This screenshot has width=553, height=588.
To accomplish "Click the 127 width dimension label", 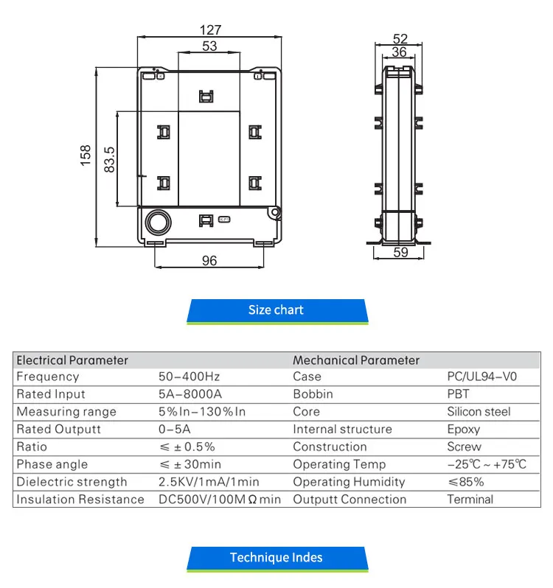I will click(x=211, y=30).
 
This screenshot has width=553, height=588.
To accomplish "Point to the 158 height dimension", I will click(x=86, y=155).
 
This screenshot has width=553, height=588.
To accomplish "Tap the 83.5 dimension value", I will click(x=109, y=159).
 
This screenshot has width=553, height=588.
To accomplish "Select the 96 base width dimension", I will click(x=209, y=261).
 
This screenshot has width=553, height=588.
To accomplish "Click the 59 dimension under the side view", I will click(x=401, y=253).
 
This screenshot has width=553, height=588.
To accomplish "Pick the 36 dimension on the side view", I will click(x=399, y=52).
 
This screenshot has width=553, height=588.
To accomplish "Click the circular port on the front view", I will click(x=156, y=222).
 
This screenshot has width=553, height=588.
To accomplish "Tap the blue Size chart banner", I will click(x=276, y=310).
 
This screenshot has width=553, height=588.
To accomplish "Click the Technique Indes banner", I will click(x=276, y=558).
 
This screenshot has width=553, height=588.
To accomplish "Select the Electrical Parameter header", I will click(x=72, y=360).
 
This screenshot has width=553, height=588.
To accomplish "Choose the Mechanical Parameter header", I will click(x=356, y=360).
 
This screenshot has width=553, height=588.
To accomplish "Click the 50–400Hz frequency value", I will click(x=189, y=377).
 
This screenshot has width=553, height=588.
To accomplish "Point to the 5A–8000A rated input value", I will click(x=189, y=394).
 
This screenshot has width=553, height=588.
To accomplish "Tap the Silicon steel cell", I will click(x=479, y=412).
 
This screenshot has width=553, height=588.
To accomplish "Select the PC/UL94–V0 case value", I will click(x=482, y=377).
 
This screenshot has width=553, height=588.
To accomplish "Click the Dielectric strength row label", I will click(x=72, y=482).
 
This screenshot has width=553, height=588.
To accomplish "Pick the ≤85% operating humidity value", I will click(x=466, y=482).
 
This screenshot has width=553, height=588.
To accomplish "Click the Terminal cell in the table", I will click(x=470, y=500).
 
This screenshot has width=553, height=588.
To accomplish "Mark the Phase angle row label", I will click(x=52, y=464).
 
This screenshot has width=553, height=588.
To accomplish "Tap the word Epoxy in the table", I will click(x=464, y=430).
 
